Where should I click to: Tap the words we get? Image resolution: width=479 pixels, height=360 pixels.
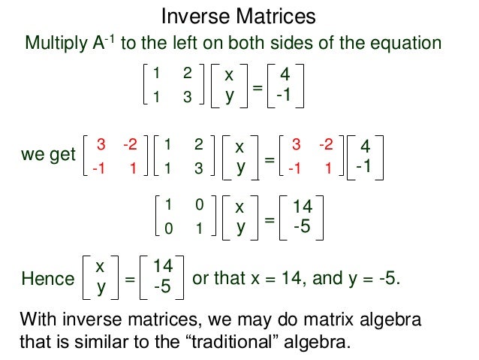pos(49,156)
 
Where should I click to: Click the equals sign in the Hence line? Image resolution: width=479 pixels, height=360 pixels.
pos(129,280)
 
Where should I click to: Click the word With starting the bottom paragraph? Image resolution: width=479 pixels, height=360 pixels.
pos(38,319)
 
